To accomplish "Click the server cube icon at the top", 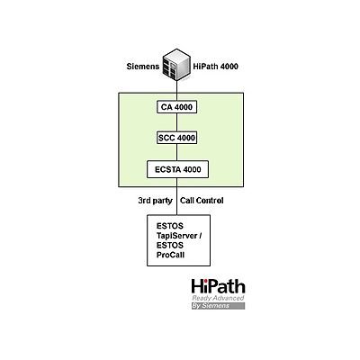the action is [177, 64].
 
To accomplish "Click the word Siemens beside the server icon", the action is [143, 67].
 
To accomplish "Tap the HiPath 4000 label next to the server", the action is [216, 67].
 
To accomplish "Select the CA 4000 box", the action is [176, 107].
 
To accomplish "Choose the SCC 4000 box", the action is [177, 138].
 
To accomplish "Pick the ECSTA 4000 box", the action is [178, 169].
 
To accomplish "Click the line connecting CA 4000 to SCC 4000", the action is [177, 122].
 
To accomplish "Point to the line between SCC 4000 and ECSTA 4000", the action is [177, 152].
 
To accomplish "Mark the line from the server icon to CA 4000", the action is [177, 91].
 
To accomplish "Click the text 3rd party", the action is [156, 201].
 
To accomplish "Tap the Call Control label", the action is [202, 201].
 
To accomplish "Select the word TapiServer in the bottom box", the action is [177, 236].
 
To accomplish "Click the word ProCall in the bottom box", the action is [170, 255].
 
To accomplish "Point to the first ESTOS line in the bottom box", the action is [170, 226].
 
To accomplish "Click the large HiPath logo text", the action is [219, 286].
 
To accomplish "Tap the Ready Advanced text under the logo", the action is [218, 298].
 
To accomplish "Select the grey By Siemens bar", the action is [219, 306].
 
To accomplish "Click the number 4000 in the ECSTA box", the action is [192, 169].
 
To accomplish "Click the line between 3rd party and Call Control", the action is [177, 196].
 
